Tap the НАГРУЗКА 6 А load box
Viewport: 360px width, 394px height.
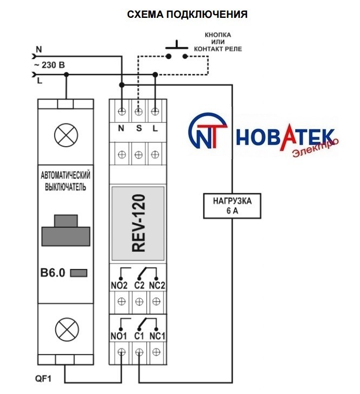pyautogui.click(x=231, y=205)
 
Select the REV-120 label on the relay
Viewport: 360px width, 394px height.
pyautogui.click(x=139, y=224)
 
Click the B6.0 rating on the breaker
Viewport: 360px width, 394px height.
pyautogui.click(x=54, y=273)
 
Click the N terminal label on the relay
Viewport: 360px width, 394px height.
pyautogui.click(x=122, y=128)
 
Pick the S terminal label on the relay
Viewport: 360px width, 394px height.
pyautogui.click(x=138, y=128)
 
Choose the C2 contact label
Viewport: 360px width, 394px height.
pyautogui.click(x=139, y=285)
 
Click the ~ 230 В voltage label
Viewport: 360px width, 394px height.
pyautogui.click(x=50, y=65)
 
